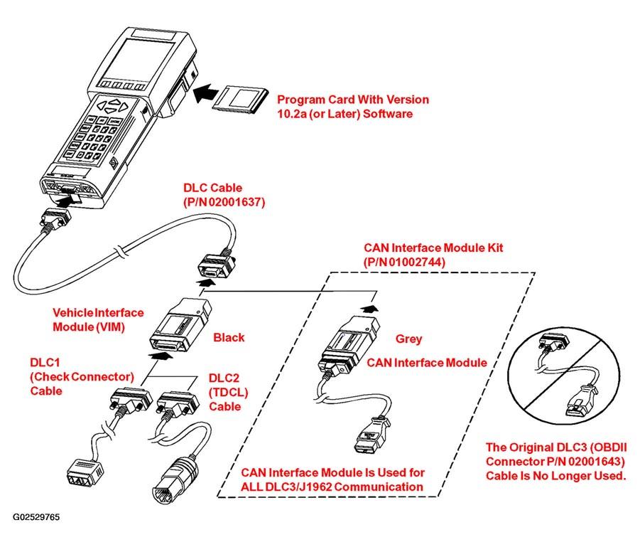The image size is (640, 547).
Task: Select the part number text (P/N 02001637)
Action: coord(224,202)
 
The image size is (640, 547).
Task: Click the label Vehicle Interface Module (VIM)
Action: coord(98,319)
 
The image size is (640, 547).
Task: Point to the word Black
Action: coord(229,337)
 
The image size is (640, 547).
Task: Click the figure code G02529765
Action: coord(36,516)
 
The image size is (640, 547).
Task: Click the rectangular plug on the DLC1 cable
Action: coord(85,471)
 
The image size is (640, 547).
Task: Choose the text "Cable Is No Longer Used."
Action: coord(556,476)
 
